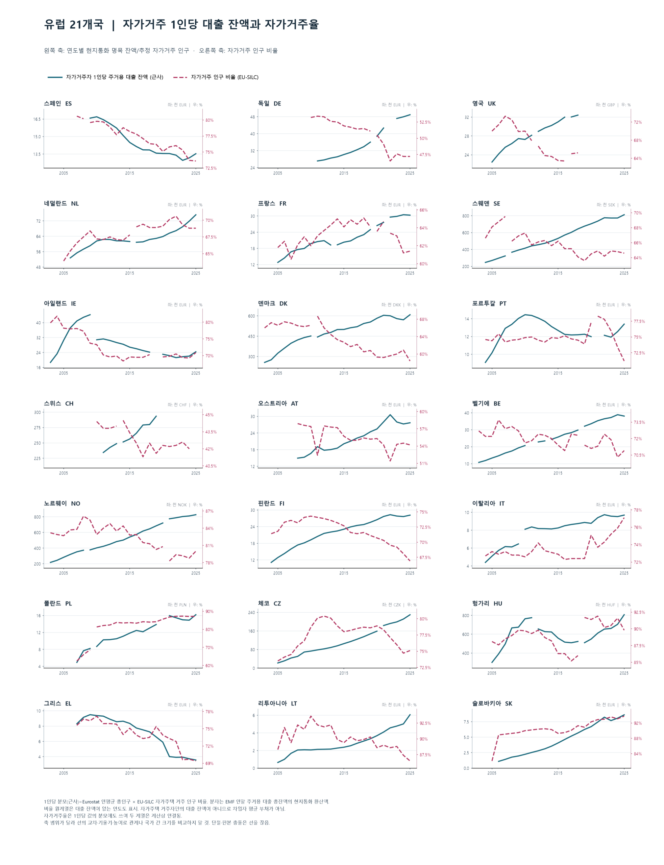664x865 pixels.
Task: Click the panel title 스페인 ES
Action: (x=58, y=103)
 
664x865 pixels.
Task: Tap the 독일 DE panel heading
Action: (x=270, y=103)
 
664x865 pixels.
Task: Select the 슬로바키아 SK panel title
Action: (x=492, y=703)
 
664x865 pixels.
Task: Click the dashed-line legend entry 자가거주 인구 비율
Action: (x=224, y=77)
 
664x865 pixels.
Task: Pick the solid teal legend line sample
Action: (x=55, y=77)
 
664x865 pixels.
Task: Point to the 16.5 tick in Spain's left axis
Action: (x=37, y=119)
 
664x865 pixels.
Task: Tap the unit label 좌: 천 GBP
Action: (x=605, y=105)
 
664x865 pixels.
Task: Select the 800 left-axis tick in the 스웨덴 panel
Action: (x=466, y=216)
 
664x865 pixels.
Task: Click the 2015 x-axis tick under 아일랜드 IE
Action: (x=130, y=373)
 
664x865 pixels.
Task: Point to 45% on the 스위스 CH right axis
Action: (x=209, y=415)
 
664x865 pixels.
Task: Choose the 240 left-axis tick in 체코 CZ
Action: (x=251, y=613)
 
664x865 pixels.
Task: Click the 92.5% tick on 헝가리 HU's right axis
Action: (x=639, y=613)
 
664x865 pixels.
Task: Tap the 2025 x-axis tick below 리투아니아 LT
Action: (x=410, y=773)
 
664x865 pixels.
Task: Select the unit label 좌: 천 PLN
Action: (x=177, y=604)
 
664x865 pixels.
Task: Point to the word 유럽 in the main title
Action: (x=54, y=25)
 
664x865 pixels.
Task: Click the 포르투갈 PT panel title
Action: (x=489, y=303)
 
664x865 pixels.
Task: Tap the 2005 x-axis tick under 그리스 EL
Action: (x=63, y=773)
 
